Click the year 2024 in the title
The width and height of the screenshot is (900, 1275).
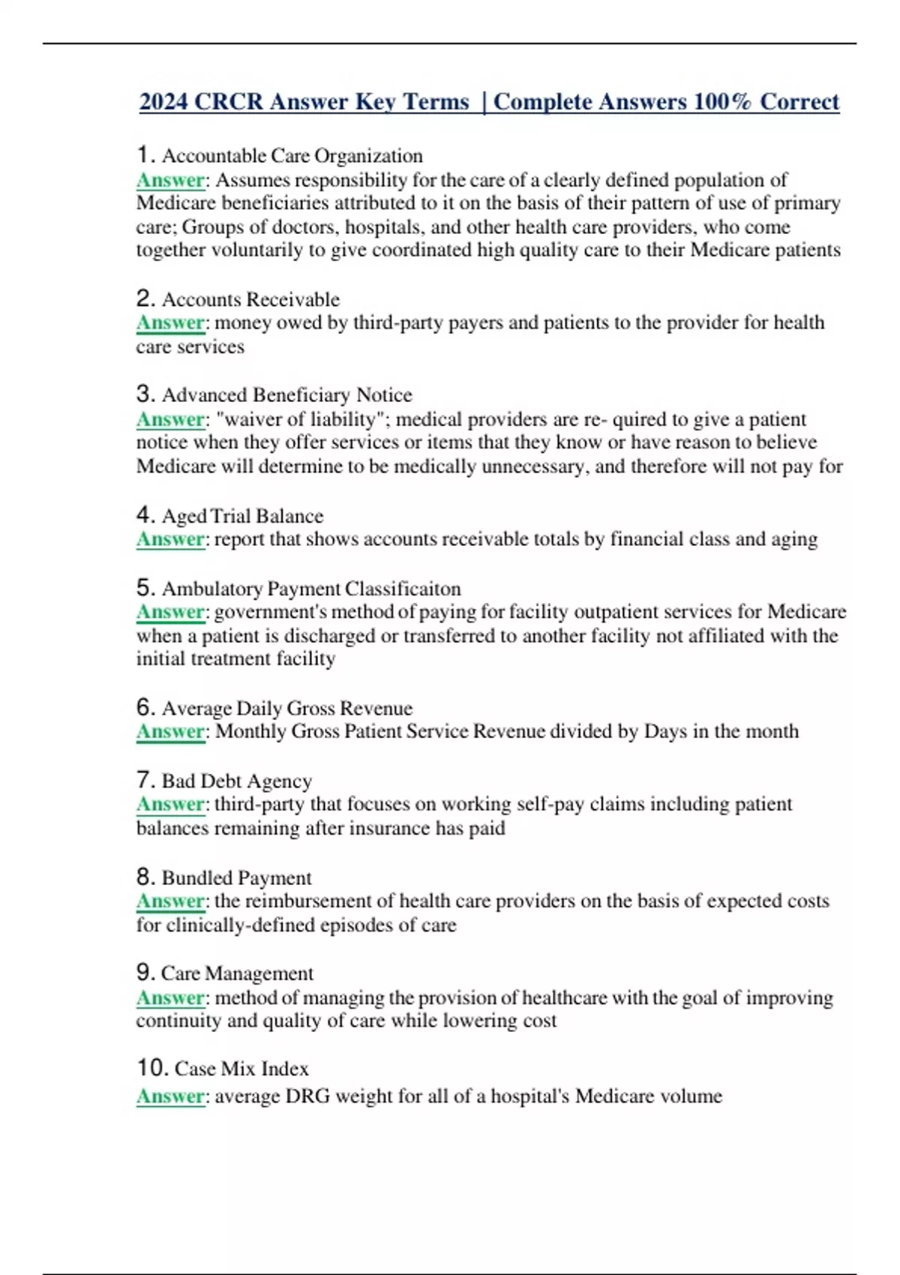pyautogui.click(x=163, y=101)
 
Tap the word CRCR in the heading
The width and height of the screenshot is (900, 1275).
pyautogui.click(x=228, y=101)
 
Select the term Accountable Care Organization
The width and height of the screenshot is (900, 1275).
pyautogui.click(x=292, y=156)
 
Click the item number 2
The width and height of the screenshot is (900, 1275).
pyautogui.click(x=145, y=298)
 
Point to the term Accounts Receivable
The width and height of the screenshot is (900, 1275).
pyautogui.click(x=250, y=299)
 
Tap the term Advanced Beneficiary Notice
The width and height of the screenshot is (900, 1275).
pyautogui.click(x=286, y=395)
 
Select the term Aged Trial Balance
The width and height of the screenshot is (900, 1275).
pyautogui.click(x=242, y=516)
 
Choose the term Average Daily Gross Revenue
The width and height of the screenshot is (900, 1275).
pyautogui.click(x=286, y=708)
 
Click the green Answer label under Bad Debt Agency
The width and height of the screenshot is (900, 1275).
pyautogui.click(x=170, y=804)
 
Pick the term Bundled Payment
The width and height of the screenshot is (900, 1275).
pyautogui.click(x=236, y=877)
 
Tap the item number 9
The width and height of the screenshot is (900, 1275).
pyautogui.click(x=145, y=973)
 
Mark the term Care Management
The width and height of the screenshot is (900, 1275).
pyautogui.click(x=237, y=973)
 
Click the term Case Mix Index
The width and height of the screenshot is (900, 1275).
pyautogui.click(x=241, y=1069)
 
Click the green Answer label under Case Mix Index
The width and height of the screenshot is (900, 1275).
pyautogui.click(x=170, y=1096)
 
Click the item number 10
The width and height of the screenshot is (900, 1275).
pyautogui.click(x=151, y=1068)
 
